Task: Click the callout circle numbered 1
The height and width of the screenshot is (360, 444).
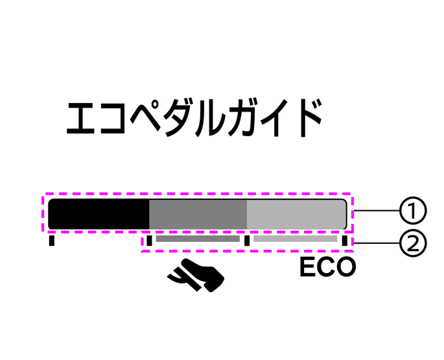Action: [411, 211]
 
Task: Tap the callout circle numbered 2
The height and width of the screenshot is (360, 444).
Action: [411, 243]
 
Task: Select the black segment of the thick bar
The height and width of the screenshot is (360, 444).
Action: [99, 213]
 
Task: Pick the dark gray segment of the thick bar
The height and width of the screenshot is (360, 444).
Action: [198, 213]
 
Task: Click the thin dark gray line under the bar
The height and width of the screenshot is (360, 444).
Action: [198, 239]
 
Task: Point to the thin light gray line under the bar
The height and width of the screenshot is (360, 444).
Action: [295, 239]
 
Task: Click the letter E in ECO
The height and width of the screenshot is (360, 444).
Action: [308, 267]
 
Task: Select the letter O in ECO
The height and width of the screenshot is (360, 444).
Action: [345, 267]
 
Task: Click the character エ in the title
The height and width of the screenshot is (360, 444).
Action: [84, 118]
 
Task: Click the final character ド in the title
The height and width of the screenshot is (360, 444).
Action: [309, 118]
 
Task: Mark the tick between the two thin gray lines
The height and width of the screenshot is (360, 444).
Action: [247, 241]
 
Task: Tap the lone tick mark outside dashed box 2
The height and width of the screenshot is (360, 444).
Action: [52, 241]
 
